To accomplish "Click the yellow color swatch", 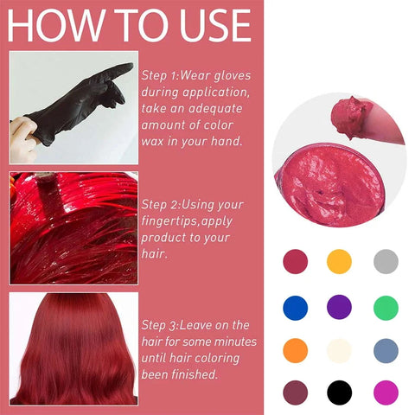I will [339, 261].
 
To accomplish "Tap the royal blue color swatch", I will [295, 306].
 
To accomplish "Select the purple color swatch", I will [339, 306].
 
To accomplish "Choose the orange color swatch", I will [295, 349].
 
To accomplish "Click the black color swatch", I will [339, 393].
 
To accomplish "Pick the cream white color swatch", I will [339, 349].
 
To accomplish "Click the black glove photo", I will [73, 108].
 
